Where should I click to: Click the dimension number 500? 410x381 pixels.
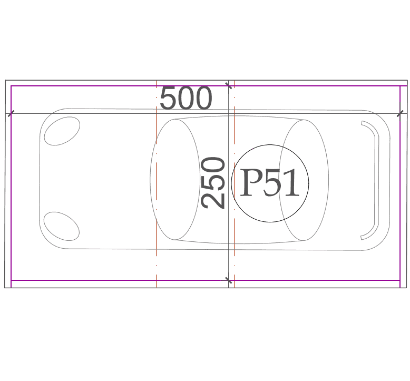coord(186,98)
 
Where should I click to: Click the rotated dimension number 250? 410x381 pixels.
coord(213,183)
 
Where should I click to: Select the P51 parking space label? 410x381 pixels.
coord(269,182)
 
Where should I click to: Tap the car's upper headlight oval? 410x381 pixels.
coord(62,131)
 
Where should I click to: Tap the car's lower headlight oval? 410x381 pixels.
coord(62,226)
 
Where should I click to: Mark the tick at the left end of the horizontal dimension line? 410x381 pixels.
coord(11,114)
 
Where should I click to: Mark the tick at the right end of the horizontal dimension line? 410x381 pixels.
coord(400,114)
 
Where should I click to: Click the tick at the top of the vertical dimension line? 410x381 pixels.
coord(229,85)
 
